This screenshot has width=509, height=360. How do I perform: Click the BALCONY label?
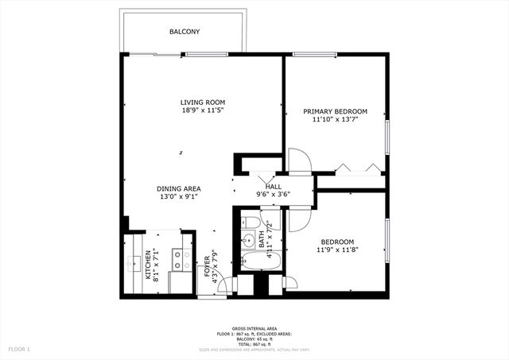click(184, 32)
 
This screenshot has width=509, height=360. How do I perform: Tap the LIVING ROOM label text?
click(202, 103)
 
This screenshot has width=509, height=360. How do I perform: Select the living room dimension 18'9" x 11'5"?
click(202, 111)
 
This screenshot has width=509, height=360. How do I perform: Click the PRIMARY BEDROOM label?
click(335, 111)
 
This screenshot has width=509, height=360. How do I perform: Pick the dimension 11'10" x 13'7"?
click(335, 120)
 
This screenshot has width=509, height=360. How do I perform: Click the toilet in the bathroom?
click(251, 222)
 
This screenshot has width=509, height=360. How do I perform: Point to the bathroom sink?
click(248, 239)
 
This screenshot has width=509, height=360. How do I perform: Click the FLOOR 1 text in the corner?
click(18, 349)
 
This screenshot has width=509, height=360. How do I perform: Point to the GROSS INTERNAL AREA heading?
click(254, 328)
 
